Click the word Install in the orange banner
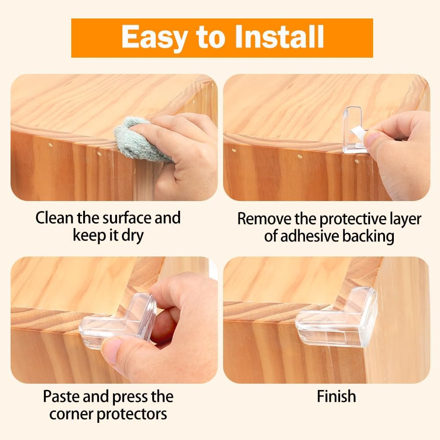coord(279,37)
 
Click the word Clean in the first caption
coord(55,218)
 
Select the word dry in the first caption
coord(132,236)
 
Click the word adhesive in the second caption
coord(307,236)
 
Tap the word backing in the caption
coord(368,236)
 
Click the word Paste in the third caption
coord(61,396)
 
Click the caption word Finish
coord(337,396)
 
